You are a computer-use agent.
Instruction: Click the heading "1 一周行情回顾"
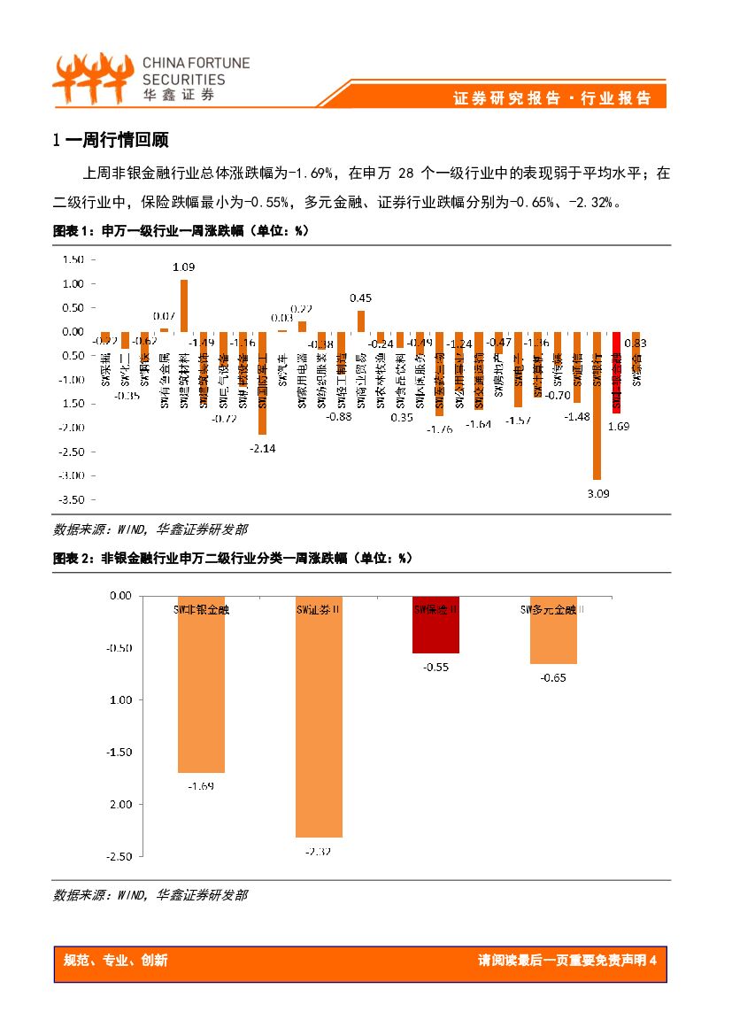coord(111,140)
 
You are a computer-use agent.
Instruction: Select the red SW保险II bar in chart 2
coord(435,628)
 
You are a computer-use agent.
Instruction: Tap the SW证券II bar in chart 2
coord(319,717)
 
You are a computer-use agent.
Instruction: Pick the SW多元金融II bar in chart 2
coord(553,632)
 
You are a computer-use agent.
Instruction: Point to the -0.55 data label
coord(435,668)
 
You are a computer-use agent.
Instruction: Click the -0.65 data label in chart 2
coord(553,678)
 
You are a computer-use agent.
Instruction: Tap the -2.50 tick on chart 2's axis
coord(114,856)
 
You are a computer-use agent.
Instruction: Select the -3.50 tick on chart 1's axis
coord(72,499)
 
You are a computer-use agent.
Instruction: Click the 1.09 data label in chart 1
coord(183,266)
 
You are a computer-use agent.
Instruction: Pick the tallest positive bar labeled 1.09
coord(184,306)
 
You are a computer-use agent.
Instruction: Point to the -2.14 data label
coord(263,448)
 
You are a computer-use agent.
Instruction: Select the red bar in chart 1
coord(617,373)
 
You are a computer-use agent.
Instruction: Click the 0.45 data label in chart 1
coord(361,298)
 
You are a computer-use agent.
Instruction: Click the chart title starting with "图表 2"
coord(233,559)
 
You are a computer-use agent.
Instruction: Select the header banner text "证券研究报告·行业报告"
coord(551,98)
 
